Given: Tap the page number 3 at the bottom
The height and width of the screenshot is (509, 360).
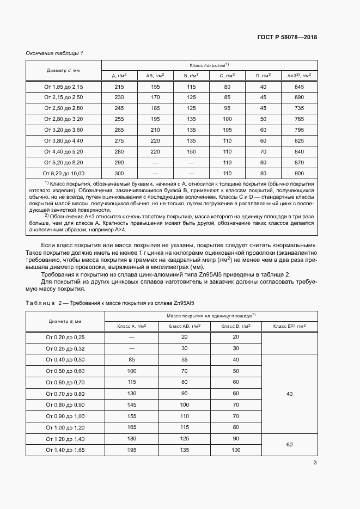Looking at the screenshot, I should tap(315, 463).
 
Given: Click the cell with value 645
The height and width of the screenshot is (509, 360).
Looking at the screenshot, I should tap(298, 87).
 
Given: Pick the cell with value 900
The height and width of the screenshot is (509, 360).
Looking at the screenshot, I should tap(298, 173).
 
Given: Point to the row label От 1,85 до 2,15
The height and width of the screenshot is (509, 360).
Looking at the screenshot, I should tap(64, 87).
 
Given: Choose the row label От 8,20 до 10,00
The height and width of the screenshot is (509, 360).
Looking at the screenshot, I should tap(64, 173).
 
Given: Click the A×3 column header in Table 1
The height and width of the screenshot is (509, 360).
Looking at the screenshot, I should tap(298, 76).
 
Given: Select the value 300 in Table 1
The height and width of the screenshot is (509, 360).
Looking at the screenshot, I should tap(119, 173).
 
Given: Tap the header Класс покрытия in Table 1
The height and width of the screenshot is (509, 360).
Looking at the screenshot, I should tap(209, 65).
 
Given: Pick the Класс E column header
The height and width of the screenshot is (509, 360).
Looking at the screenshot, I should tap(289, 326).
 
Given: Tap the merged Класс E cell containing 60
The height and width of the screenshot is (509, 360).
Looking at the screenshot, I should tap(289, 444).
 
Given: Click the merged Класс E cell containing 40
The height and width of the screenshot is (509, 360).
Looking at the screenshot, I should tap(289, 394).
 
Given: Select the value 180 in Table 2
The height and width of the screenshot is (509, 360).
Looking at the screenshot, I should tap(131, 439).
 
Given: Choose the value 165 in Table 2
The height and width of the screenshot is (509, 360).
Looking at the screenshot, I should tap(131, 427).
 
